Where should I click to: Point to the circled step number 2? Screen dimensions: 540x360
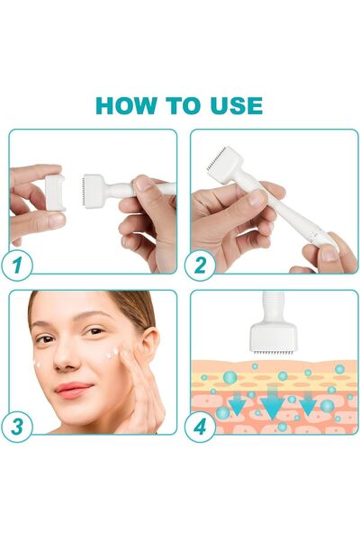(x=199, y=265)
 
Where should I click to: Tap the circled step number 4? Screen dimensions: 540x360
(x=199, y=425)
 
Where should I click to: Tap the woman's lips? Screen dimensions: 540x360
(x=75, y=389)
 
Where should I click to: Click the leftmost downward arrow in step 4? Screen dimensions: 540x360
(x=237, y=404)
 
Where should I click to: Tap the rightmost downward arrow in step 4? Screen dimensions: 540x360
(x=307, y=404)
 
